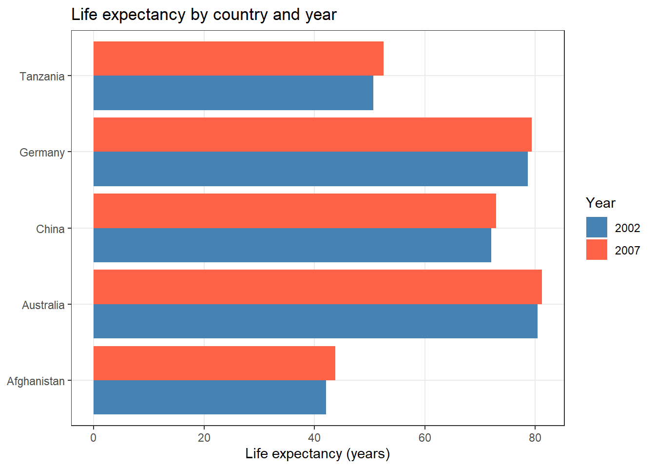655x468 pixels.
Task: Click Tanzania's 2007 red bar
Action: pos(238,58)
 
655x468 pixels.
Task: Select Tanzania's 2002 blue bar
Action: pos(233,93)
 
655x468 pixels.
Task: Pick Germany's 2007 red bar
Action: pos(312,135)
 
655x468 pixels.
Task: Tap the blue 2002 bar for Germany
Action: pos(310,169)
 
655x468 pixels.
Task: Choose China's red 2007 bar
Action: pos(294,211)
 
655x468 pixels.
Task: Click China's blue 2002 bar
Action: pos(292,245)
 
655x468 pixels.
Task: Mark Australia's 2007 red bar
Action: pos(317,287)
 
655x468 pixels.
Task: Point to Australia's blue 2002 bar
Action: pos(315,321)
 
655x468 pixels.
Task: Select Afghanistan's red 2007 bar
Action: pos(214,363)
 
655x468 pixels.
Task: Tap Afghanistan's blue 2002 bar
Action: pos(210,397)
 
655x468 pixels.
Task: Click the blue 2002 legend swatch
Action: pos(597,227)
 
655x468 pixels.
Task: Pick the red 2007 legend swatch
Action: pos(597,250)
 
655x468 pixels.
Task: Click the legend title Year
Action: pos(600,203)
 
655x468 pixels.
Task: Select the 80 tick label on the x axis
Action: pos(535,437)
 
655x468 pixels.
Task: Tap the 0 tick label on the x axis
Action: pos(94,437)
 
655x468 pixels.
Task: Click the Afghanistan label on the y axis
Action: pos(36,381)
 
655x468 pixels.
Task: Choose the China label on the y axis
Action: pos(50,229)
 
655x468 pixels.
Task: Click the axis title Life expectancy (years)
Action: pos(317,454)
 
